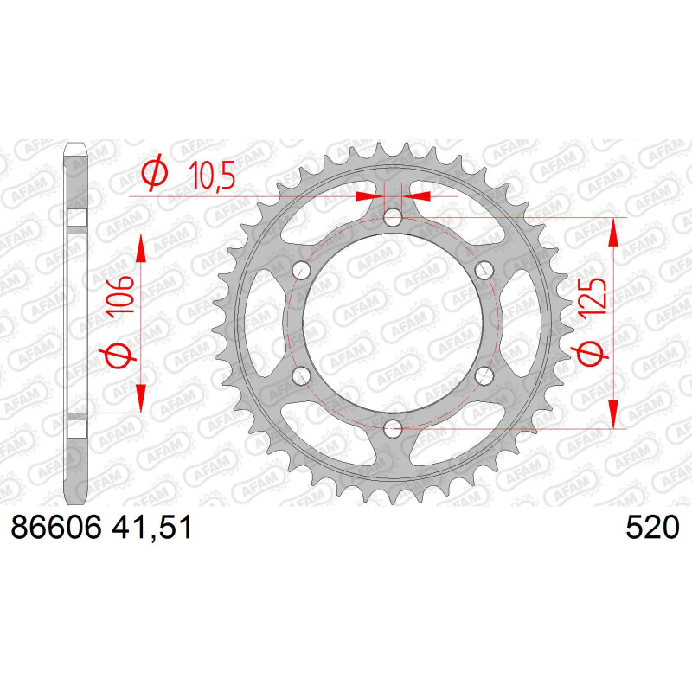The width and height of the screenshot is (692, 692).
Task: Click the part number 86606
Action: click(x=56, y=527)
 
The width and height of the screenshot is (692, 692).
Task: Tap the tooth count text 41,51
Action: click(x=152, y=528)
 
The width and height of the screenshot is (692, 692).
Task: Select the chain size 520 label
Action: click(x=652, y=527)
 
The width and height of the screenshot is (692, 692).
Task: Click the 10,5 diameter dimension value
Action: click(x=212, y=175)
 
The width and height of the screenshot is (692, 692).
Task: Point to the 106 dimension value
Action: click(x=121, y=294)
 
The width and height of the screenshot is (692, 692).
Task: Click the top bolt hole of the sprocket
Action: click(x=393, y=217)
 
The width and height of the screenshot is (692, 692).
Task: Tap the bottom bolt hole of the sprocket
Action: click(x=393, y=426)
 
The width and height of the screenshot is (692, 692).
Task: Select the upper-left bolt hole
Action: click(x=302, y=270)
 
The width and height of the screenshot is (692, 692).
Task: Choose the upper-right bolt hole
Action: click(x=484, y=270)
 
